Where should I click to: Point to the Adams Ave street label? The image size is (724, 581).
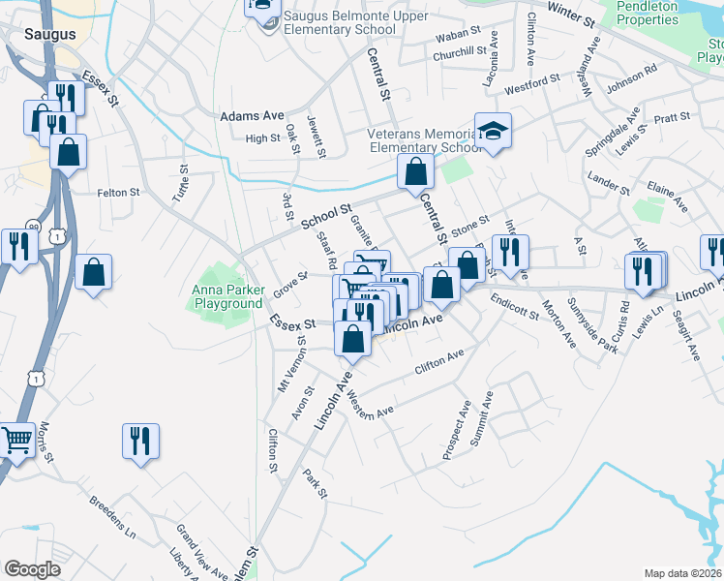click(x=251, y=115)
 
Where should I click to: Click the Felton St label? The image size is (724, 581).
click(x=118, y=193)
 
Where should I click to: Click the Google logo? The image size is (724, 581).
click(x=32, y=568)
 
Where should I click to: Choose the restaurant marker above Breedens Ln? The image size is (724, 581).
click(x=140, y=442)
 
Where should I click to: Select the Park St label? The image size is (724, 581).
click(x=315, y=485)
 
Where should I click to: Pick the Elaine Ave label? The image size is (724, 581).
click(x=667, y=193)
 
